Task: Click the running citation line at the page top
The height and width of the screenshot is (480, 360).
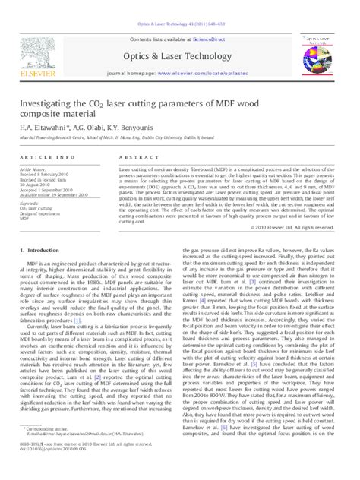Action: coord(180,6)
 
